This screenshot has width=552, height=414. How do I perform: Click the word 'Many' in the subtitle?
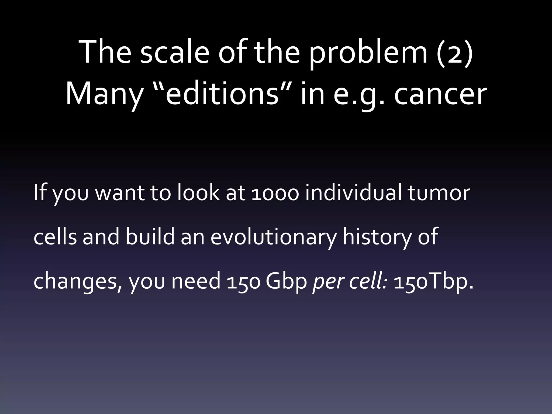click(104, 94)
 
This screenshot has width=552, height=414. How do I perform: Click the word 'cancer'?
click(440, 94)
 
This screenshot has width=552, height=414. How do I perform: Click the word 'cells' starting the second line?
click(55, 237)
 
